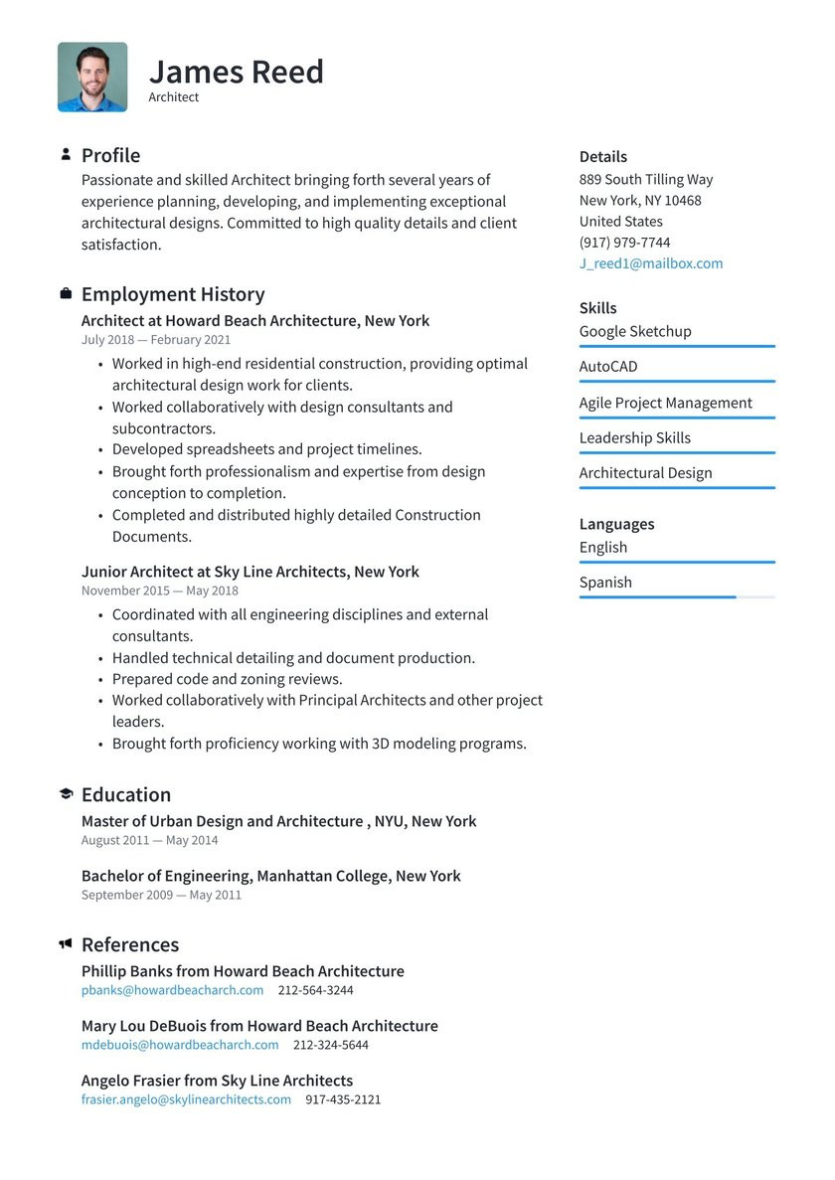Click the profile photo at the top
coord(92,77)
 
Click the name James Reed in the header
coord(236,72)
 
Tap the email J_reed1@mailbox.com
coord(651,263)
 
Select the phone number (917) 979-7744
coord(624,243)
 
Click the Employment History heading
coord(173,294)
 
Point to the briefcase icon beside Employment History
coord(66,294)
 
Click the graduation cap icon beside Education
coord(66,794)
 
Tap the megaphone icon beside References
coord(66,943)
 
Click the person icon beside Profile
coord(66,154)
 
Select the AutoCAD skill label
coord(608,367)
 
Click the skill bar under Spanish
coord(676,597)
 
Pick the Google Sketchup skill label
coord(635,331)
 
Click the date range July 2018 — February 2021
coord(156,340)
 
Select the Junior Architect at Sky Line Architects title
coord(250,572)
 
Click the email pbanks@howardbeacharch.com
coord(173,990)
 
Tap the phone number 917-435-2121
coord(343,1099)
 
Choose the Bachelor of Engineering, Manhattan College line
coord(271,876)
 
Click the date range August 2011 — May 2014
coord(149,840)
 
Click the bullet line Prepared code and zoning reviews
coord(227,679)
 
